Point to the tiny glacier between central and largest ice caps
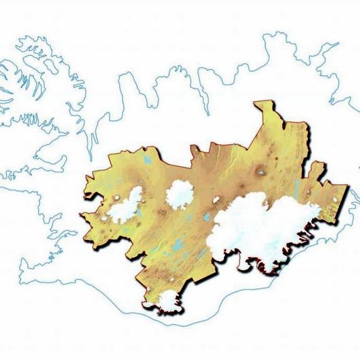[216, 199]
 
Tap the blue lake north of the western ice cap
[147, 160]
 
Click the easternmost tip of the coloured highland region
[347, 189]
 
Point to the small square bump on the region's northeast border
[316, 167]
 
